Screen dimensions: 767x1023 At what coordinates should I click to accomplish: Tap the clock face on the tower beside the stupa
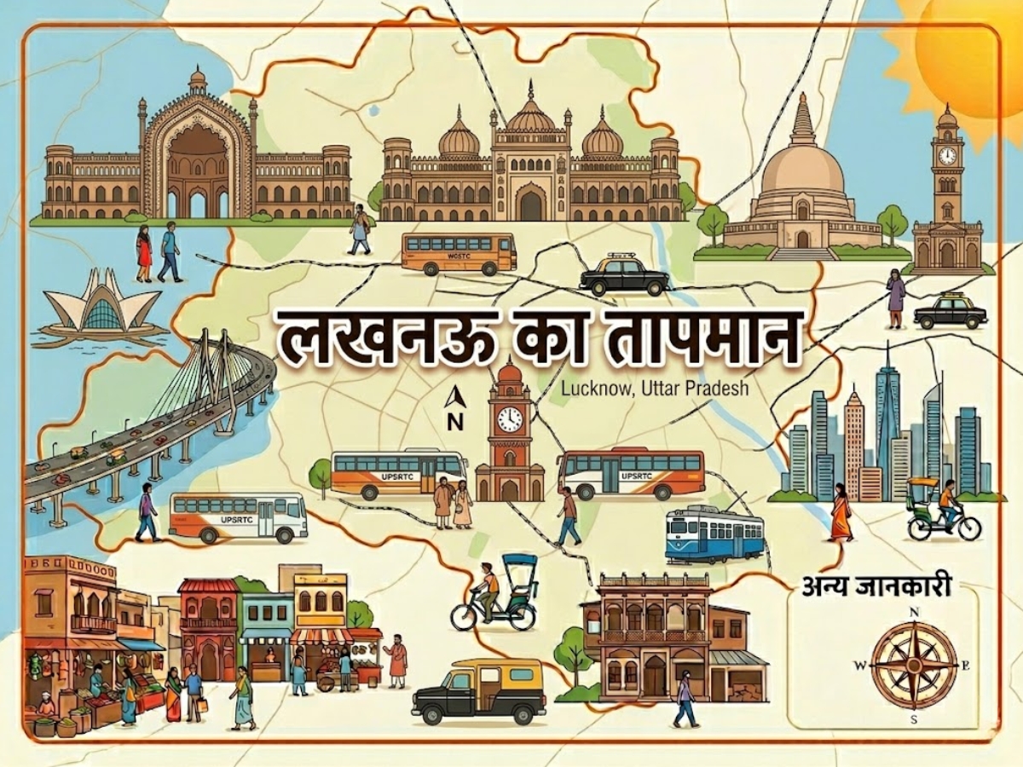(x=947, y=155)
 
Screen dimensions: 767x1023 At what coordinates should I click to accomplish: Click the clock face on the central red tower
(x=510, y=418)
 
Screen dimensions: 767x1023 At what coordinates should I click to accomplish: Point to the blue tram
(x=714, y=534)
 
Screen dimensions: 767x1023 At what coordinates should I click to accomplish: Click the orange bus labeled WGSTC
(x=459, y=253)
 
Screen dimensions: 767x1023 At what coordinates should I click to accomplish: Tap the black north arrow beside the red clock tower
(x=456, y=397)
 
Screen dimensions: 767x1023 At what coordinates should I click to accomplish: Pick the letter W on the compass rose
(x=859, y=665)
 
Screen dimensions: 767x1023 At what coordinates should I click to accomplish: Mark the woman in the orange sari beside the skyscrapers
(x=841, y=513)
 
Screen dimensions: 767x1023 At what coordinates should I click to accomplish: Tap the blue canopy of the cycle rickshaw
(x=519, y=565)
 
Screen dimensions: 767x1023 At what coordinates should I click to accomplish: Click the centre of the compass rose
(x=914, y=665)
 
